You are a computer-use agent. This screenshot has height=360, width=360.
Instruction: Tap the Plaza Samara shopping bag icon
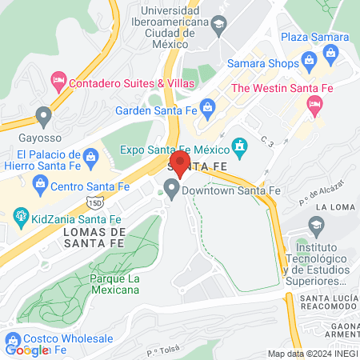pyautogui.click(x=330, y=54)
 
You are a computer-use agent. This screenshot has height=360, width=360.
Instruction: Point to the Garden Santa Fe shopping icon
pyautogui.click(x=207, y=106)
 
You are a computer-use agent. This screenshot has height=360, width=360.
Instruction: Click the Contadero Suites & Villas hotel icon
pyautogui.click(x=58, y=81)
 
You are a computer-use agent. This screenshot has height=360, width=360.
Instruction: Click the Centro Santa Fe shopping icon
pyautogui.click(x=40, y=186)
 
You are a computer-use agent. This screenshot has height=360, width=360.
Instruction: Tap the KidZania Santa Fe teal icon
pyautogui.click(x=21, y=215)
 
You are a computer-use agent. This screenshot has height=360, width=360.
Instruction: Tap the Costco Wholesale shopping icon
pyautogui.click(x=12, y=338)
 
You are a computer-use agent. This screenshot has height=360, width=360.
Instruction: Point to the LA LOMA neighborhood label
pyautogui.click(x=332, y=207)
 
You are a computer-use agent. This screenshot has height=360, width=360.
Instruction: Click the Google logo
pyautogui.click(x=27, y=350)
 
